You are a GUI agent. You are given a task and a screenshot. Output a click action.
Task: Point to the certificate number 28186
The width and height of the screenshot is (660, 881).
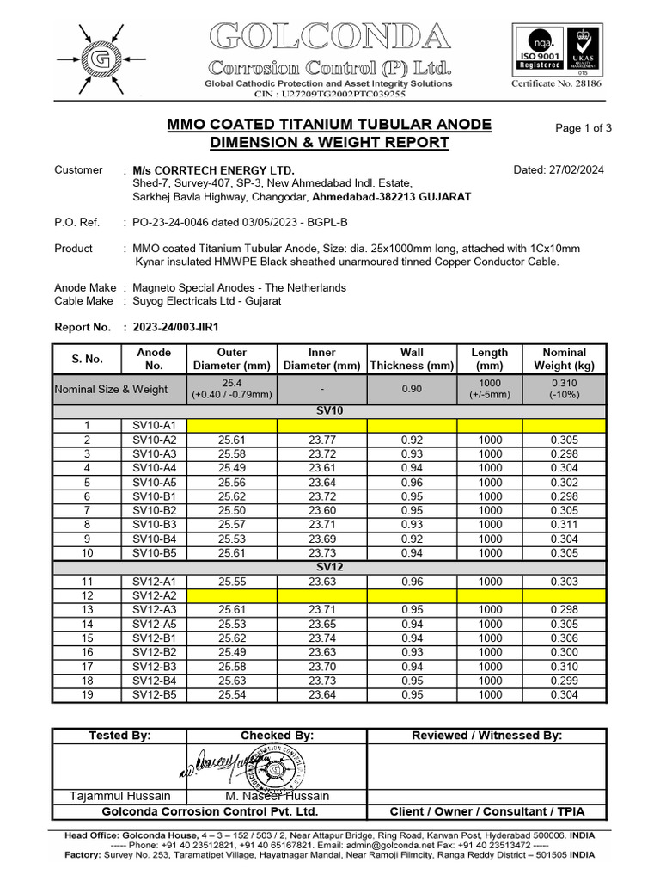pyautogui.click(x=558, y=84)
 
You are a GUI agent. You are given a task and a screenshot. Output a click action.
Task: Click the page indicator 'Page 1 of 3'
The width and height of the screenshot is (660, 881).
pyautogui.click(x=584, y=128)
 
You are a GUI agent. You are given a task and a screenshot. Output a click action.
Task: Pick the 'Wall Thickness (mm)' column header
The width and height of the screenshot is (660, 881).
pyautogui.click(x=412, y=359)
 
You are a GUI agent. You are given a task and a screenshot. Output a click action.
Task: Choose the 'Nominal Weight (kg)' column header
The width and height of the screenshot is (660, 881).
pyautogui.click(x=565, y=359)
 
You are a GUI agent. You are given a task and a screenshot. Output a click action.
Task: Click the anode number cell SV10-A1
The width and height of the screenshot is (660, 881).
pyautogui.click(x=154, y=425)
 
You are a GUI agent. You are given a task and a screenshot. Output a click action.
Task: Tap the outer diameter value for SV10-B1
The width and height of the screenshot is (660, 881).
pyautogui.click(x=232, y=496)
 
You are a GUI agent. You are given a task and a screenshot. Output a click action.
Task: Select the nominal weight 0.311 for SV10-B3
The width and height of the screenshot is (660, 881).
pyautogui.click(x=565, y=525)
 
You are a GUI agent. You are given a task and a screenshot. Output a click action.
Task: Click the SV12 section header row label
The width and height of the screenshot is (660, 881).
pyautogui.click(x=329, y=568)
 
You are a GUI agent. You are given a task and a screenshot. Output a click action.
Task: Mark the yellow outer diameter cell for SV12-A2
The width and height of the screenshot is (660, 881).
pyautogui.click(x=232, y=595)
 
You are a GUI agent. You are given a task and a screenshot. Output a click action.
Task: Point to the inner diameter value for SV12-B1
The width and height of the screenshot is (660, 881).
pyautogui.click(x=321, y=638)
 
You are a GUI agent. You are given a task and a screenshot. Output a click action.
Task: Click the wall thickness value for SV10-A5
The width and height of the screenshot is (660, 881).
pyautogui.click(x=412, y=482)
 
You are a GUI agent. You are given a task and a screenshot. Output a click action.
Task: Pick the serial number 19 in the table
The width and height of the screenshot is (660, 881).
pyautogui.click(x=86, y=695)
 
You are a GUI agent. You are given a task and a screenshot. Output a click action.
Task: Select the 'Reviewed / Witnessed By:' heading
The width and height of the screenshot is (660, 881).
pyautogui.click(x=486, y=736)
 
